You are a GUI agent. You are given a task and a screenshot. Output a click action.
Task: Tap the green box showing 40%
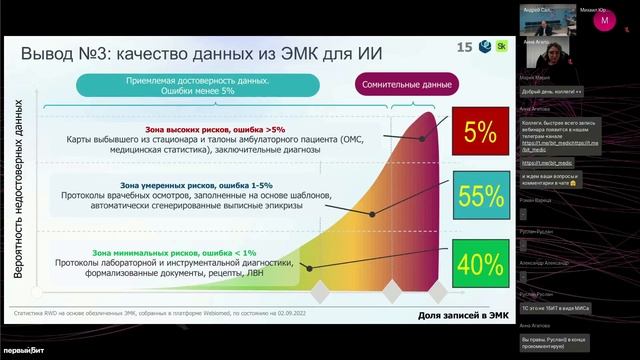480,264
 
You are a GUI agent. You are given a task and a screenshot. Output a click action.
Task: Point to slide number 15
464,47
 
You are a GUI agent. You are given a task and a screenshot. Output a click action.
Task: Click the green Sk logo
500,47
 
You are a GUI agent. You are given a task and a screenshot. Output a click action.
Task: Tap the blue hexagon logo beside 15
483,47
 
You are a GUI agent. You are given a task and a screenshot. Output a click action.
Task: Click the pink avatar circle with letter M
604,20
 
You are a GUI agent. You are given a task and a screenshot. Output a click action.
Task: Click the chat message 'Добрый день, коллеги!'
551,91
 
